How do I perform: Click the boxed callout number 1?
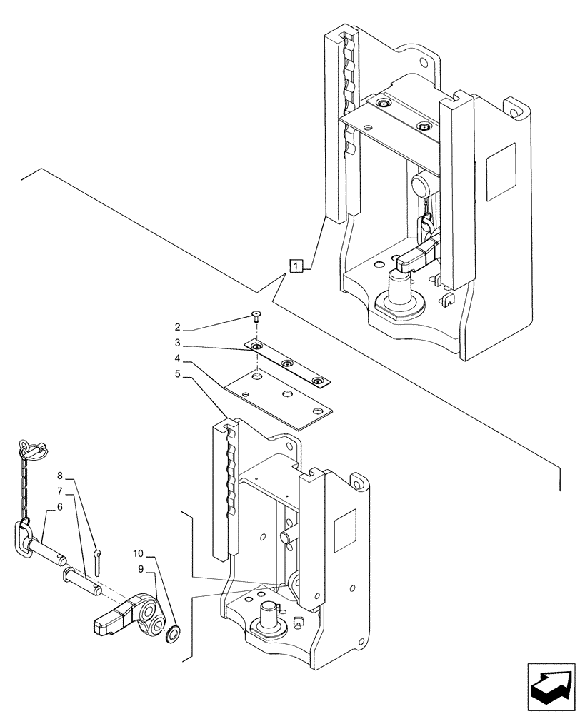296,265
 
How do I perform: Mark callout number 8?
60,475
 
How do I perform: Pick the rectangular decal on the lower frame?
346,528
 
